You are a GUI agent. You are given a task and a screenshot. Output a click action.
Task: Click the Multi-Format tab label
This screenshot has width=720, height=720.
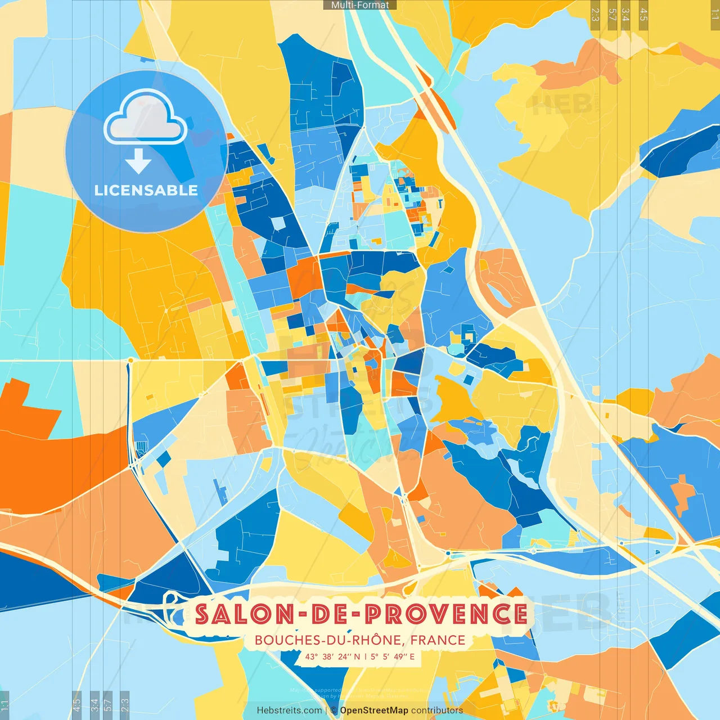360,5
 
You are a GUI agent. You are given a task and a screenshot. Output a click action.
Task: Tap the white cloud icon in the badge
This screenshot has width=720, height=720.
145,117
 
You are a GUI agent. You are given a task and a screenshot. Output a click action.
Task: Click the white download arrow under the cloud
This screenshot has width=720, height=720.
138,161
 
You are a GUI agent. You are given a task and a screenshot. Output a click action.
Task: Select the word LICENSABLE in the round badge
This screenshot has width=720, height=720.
146,190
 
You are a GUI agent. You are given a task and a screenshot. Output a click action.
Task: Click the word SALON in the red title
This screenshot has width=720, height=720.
244,614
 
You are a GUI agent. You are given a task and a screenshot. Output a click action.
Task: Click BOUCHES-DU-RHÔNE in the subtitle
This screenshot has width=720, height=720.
328,640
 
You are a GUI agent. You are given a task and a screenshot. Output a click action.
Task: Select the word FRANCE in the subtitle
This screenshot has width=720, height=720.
438,640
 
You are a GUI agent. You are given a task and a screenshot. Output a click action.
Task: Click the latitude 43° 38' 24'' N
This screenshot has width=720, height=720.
332,656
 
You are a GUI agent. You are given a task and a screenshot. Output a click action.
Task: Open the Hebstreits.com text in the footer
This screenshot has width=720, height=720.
289,710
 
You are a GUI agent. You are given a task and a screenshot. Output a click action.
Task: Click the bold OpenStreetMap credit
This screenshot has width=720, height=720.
374,710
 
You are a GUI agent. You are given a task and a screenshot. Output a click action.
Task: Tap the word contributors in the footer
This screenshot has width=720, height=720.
437,710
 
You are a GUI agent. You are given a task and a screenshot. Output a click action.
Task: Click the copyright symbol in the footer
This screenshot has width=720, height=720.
334,710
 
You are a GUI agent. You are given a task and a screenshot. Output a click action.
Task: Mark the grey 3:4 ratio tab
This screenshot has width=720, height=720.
94,704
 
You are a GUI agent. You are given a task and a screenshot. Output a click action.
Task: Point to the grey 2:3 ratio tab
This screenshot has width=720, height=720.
125,704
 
